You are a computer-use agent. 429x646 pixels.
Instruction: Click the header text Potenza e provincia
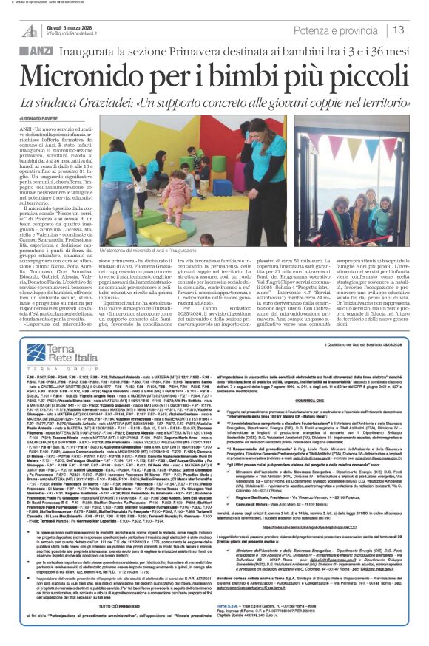click(x=339, y=30)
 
